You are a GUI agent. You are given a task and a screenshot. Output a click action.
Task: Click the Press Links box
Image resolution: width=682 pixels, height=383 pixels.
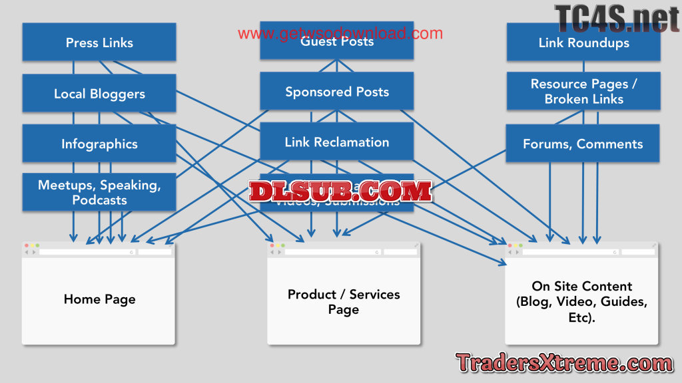(x=99, y=43)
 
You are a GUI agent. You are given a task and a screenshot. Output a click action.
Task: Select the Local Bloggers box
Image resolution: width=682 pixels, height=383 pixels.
(x=99, y=94)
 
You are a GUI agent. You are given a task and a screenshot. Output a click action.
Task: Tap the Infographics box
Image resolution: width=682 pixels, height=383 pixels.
(x=99, y=144)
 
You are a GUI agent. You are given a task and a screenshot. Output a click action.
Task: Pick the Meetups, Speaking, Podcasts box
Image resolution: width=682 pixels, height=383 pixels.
(x=99, y=192)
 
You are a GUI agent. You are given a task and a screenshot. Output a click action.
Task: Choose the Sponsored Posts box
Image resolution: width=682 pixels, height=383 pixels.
(x=336, y=92)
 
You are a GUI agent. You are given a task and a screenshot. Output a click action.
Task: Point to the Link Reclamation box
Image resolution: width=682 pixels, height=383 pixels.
(x=336, y=142)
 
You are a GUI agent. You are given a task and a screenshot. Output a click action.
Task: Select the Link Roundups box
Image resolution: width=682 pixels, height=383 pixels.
(x=583, y=43)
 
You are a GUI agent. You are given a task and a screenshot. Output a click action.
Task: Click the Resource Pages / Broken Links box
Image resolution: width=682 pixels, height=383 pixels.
(x=583, y=91)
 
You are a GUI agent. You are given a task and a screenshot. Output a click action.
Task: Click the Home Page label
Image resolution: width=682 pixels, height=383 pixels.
(x=99, y=299)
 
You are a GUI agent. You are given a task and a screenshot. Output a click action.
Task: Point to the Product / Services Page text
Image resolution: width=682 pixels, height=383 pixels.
(x=344, y=302)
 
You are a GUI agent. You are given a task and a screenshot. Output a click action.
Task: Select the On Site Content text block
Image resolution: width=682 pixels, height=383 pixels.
(x=582, y=301)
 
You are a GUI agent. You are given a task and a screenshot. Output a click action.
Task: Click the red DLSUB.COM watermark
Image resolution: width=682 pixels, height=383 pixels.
(x=340, y=191)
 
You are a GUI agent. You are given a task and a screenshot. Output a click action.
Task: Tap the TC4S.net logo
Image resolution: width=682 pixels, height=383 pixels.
(x=616, y=18)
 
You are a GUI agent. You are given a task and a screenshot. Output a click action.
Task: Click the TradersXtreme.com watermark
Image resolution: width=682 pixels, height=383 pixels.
(x=564, y=363)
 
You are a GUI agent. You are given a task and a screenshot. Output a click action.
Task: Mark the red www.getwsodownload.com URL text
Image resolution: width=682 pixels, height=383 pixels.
(x=340, y=33)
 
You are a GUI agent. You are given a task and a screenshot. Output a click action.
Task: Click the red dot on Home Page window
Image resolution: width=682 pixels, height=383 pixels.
(x=27, y=246)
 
